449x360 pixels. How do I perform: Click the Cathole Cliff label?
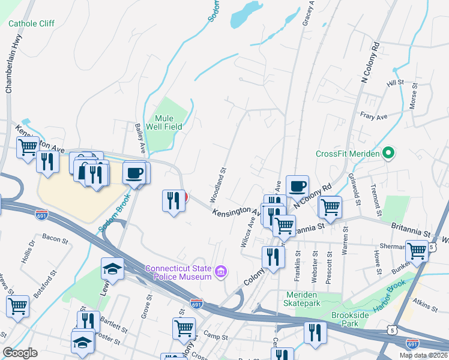pos(31,23)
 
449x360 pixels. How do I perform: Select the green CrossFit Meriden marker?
pos(388,154)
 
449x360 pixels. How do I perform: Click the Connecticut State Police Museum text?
pos(178,272)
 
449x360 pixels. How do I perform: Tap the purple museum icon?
pos(221,273)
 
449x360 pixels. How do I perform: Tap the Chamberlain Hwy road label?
pos(9,63)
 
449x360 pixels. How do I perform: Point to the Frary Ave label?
pos(372,113)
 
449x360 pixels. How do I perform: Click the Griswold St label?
pos(354,190)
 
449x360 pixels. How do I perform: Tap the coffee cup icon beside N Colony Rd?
pos(297,185)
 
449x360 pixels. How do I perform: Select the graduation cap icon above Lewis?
pos(112,268)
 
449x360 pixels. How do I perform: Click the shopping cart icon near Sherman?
pos(417,251)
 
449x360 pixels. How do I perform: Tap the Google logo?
pos(20,352)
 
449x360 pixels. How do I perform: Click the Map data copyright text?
pos(424,355)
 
